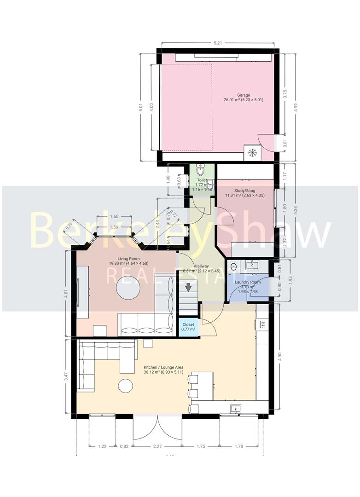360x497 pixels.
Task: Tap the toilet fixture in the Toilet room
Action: click(200, 168)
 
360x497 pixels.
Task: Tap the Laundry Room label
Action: click(248, 282)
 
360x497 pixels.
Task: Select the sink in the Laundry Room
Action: click(251, 265)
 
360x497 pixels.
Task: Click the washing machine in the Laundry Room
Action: click(233, 266)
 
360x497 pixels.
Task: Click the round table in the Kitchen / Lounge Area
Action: click(125, 386)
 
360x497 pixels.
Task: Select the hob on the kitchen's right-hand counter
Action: click(262, 324)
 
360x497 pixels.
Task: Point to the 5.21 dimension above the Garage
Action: click(217, 44)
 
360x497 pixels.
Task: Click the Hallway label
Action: click(201, 266)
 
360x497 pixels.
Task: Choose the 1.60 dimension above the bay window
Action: click(114, 217)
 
